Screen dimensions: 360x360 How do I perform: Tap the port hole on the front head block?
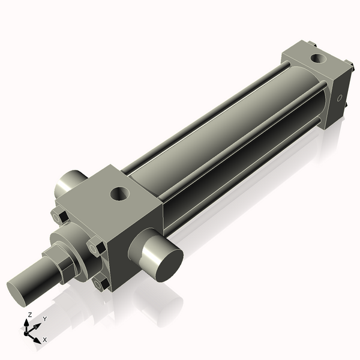pyautogui.click(x=119, y=193)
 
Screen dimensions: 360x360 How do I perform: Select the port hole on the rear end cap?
pyautogui.click(x=317, y=59)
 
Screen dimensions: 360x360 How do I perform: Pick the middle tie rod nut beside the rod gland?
pyautogui.click(x=96, y=247)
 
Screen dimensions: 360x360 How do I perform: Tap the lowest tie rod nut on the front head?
pyautogui.click(x=103, y=283)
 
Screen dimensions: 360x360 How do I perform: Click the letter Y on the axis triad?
pyautogui.click(x=44, y=319)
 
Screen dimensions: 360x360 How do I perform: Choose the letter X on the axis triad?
pyautogui.click(x=44, y=340)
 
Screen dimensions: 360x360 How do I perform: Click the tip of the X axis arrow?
pyautogui.click(x=38, y=339)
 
